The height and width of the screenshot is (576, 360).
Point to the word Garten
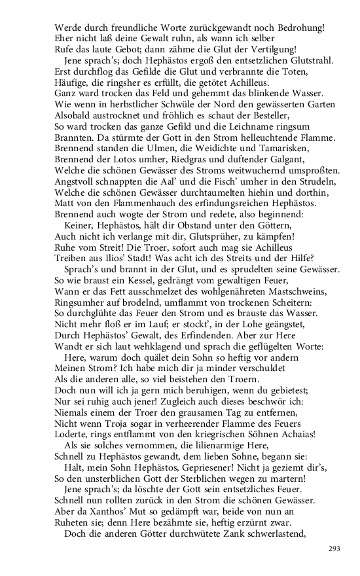[320, 105]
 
